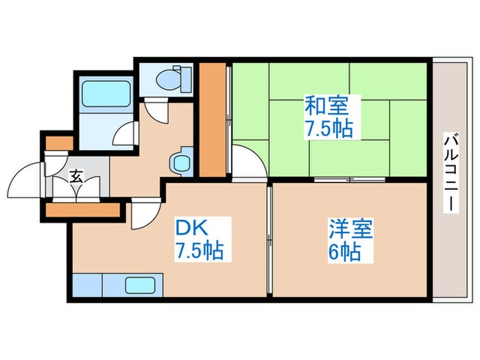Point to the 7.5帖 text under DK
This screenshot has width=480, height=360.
click(199, 251)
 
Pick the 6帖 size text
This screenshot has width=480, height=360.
click(344, 252)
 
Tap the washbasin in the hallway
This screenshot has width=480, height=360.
click(181, 162)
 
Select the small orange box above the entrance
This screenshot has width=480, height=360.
click(59, 143)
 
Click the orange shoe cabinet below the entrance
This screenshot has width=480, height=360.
click(83, 208)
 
